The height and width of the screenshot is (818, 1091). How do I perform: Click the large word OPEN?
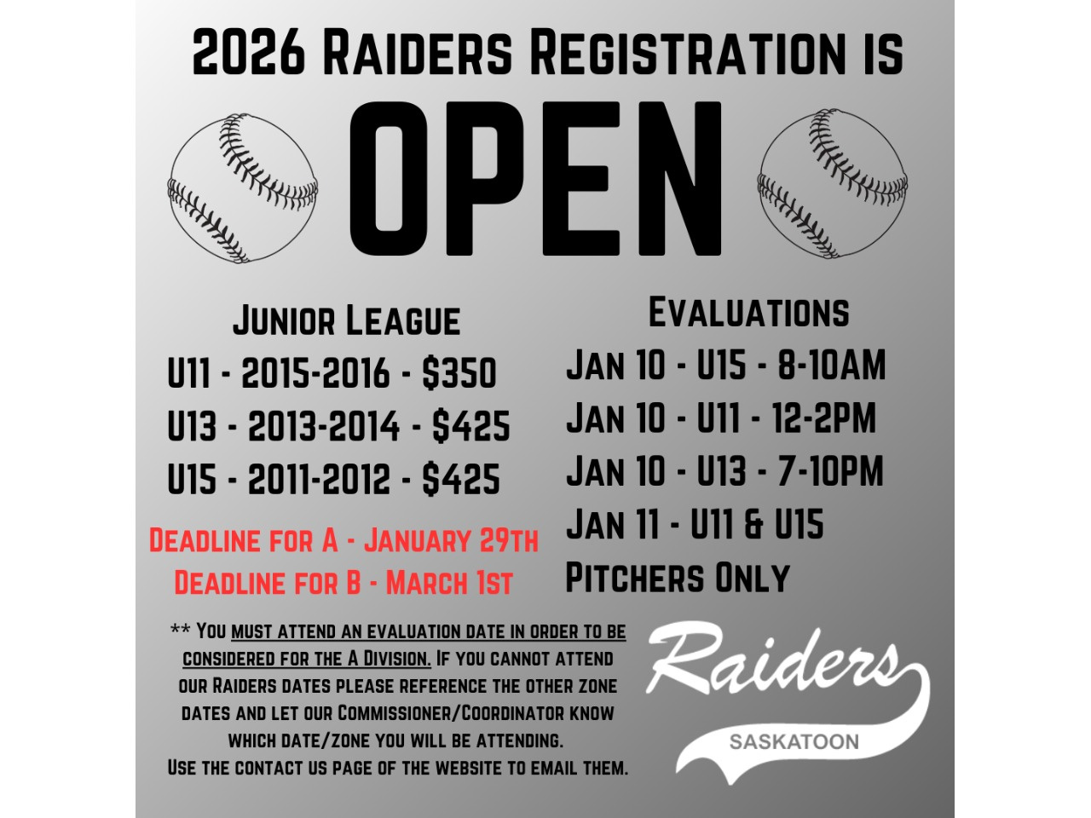[x=535, y=179]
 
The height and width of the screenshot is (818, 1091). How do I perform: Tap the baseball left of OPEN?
[x=243, y=187]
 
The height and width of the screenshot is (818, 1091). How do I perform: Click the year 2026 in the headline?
[x=249, y=52]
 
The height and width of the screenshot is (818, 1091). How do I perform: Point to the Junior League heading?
[x=346, y=320]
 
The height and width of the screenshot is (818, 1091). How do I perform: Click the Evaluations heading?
[x=748, y=312]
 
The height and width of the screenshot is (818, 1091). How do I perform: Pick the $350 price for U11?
[x=459, y=372]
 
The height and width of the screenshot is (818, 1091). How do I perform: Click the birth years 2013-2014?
[x=324, y=426]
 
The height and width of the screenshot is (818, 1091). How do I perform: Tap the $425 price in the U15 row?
[x=461, y=479]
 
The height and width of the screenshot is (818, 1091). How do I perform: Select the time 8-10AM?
[x=832, y=365]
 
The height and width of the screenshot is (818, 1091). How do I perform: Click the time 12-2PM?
[x=823, y=418]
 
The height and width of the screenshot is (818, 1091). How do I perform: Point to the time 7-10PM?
[x=830, y=470]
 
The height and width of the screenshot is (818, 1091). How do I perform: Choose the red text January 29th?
[x=451, y=540]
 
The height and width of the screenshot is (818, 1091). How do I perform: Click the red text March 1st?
[x=449, y=582]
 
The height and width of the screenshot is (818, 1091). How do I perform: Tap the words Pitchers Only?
[x=678, y=577]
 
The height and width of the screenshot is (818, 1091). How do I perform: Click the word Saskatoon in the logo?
[x=794, y=741]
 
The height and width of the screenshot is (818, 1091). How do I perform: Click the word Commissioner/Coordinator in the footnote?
[x=451, y=713]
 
